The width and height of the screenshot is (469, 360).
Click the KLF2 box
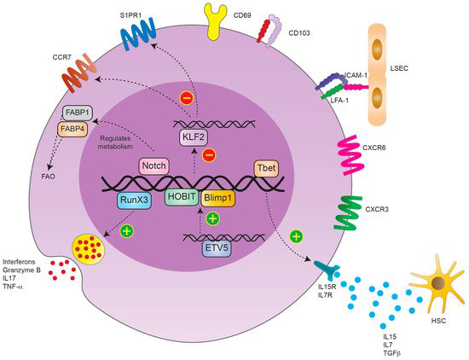[x=194, y=137]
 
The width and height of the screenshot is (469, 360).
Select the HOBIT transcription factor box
[x=182, y=197]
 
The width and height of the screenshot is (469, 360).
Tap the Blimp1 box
[x=218, y=199]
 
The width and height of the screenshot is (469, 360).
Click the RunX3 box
[x=134, y=200]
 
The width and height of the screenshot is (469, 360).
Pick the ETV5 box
[x=217, y=249]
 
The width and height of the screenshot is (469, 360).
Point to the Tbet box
[x=266, y=168]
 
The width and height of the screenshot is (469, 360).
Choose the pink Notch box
[x=153, y=165]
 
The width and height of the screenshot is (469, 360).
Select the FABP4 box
[x=72, y=129]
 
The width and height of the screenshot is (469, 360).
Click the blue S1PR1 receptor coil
[x=138, y=34]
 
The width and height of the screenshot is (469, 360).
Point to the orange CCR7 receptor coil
[x=79, y=73]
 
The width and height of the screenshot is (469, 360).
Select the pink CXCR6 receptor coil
[x=350, y=155]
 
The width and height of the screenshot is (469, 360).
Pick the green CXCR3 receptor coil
[x=347, y=212]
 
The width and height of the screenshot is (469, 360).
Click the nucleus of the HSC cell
[x=437, y=283]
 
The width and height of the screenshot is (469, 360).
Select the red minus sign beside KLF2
[x=209, y=155]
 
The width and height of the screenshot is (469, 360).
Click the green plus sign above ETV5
[x=212, y=218]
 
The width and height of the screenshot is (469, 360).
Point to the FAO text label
[x=48, y=177]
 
